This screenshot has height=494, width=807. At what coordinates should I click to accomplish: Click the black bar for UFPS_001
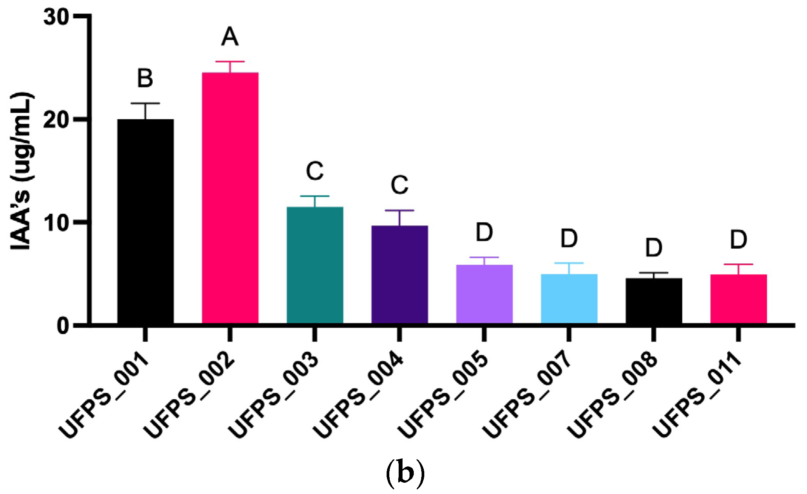(x=145, y=221)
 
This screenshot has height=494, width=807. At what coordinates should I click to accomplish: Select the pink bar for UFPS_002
(x=230, y=198)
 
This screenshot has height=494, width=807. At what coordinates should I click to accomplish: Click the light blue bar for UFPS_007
(x=569, y=298)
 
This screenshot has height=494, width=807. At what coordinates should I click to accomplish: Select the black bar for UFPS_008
(x=654, y=300)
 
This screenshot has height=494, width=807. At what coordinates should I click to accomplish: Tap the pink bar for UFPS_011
(x=738, y=298)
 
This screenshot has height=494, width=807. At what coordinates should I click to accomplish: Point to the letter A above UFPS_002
(x=230, y=37)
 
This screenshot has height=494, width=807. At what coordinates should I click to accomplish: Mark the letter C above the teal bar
(x=315, y=171)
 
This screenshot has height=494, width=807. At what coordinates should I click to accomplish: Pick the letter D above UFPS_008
(x=654, y=248)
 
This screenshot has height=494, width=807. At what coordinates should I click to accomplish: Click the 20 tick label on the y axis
(x=56, y=120)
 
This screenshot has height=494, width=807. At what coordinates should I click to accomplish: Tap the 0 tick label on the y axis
(x=63, y=326)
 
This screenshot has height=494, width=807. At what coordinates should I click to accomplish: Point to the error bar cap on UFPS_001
(x=145, y=103)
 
